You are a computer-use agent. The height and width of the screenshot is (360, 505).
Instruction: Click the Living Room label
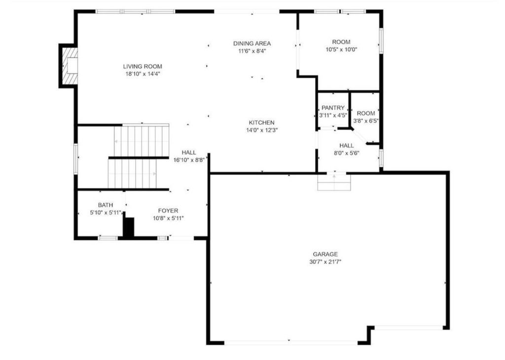tap(143, 67)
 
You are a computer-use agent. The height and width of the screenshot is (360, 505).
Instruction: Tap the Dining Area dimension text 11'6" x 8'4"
tap(252, 50)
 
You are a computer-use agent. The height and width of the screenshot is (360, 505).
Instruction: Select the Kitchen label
tap(261, 123)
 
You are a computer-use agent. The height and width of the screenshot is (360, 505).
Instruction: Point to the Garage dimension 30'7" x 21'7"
tap(322, 262)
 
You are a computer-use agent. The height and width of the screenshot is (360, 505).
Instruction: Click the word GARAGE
tap(322, 254)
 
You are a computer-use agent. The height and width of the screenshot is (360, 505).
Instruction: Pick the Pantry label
tap(333, 108)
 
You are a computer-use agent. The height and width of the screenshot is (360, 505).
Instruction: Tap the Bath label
tap(106, 205)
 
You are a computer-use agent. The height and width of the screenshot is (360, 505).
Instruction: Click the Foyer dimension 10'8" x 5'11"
tap(168, 218)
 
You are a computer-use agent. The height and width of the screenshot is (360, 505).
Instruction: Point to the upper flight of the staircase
tap(142, 141)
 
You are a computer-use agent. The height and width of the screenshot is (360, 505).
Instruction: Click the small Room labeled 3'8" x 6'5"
tap(366, 117)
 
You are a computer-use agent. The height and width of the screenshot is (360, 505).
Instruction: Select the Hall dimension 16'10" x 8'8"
tap(189, 160)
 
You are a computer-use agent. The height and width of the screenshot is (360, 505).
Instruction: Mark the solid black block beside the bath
tap(128, 227)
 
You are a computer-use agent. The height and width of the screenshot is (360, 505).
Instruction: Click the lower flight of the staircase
tap(132, 173)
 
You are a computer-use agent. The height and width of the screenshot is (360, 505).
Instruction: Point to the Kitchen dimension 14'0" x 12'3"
tap(261, 130)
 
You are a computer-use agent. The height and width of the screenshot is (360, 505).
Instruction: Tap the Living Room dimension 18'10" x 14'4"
tap(143, 74)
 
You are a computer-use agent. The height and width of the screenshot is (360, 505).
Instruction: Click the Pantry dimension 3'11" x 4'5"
tap(333, 115)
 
